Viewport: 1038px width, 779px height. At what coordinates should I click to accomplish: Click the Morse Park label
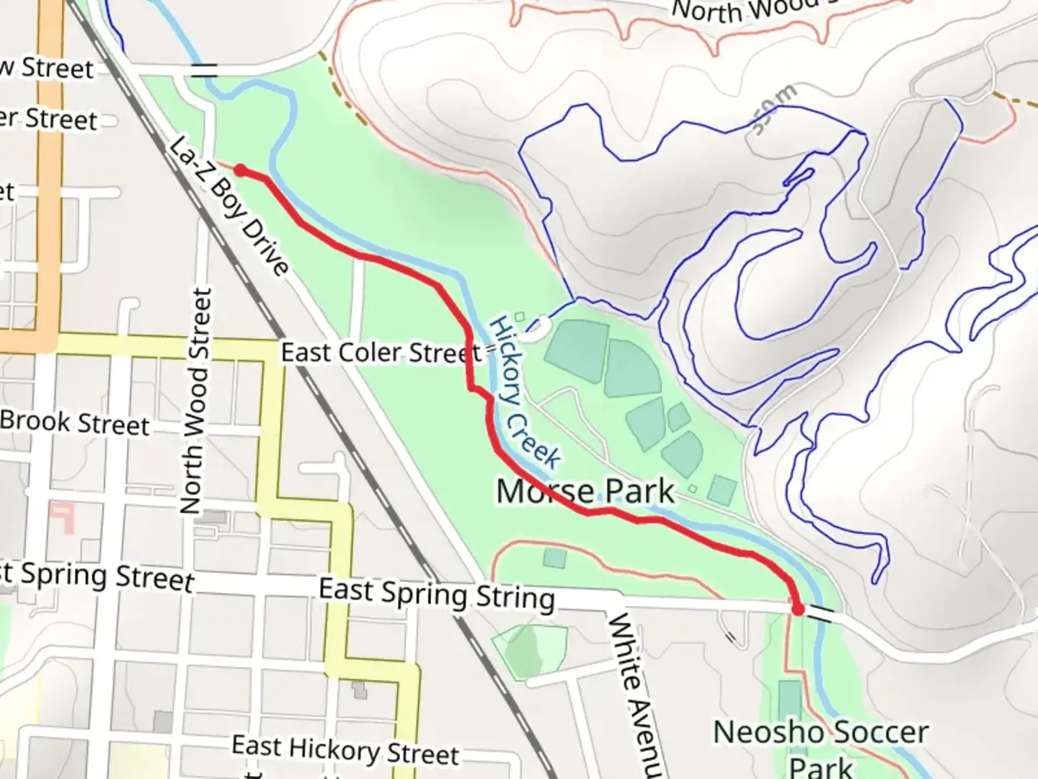[585, 492]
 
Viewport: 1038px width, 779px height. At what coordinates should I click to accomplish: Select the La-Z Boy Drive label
[229, 208]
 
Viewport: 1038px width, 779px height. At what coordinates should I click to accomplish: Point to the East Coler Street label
[381, 353]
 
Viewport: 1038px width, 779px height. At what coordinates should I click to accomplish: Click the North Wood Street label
[196, 401]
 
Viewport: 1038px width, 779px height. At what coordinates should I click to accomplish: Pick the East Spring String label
[437, 594]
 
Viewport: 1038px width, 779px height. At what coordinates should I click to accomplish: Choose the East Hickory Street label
[345, 750]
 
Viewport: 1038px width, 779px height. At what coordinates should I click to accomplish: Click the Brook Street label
[75, 423]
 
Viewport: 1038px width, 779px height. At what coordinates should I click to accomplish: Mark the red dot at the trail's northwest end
[240, 170]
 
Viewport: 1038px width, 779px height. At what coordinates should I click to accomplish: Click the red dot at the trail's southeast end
[798, 609]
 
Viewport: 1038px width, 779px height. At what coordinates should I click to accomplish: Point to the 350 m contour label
[774, 109]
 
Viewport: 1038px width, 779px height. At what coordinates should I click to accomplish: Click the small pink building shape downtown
[63, 518]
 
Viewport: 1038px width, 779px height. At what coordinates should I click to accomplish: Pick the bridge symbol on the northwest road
[205, 70]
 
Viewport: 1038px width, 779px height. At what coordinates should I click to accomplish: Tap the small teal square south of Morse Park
[554, 558]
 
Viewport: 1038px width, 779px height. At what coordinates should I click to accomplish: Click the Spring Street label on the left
[97, 576]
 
